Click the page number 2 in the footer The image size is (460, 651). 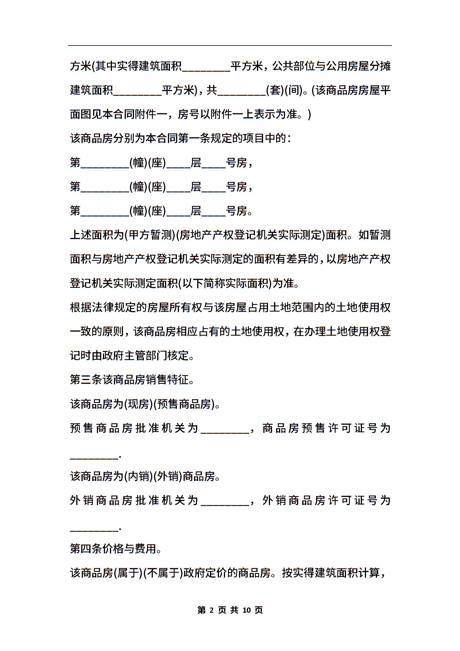pyautogui.click(x=211, y=610)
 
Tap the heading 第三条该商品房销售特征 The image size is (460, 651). pyautogui.click(x=132, y=380)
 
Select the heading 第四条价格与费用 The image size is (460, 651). pyautogui.click(x=116, y=549)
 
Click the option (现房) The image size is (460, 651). pyautogui.click(x=138, y=404)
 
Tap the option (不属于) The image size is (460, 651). pyautogui.click(x=163, y=573)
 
